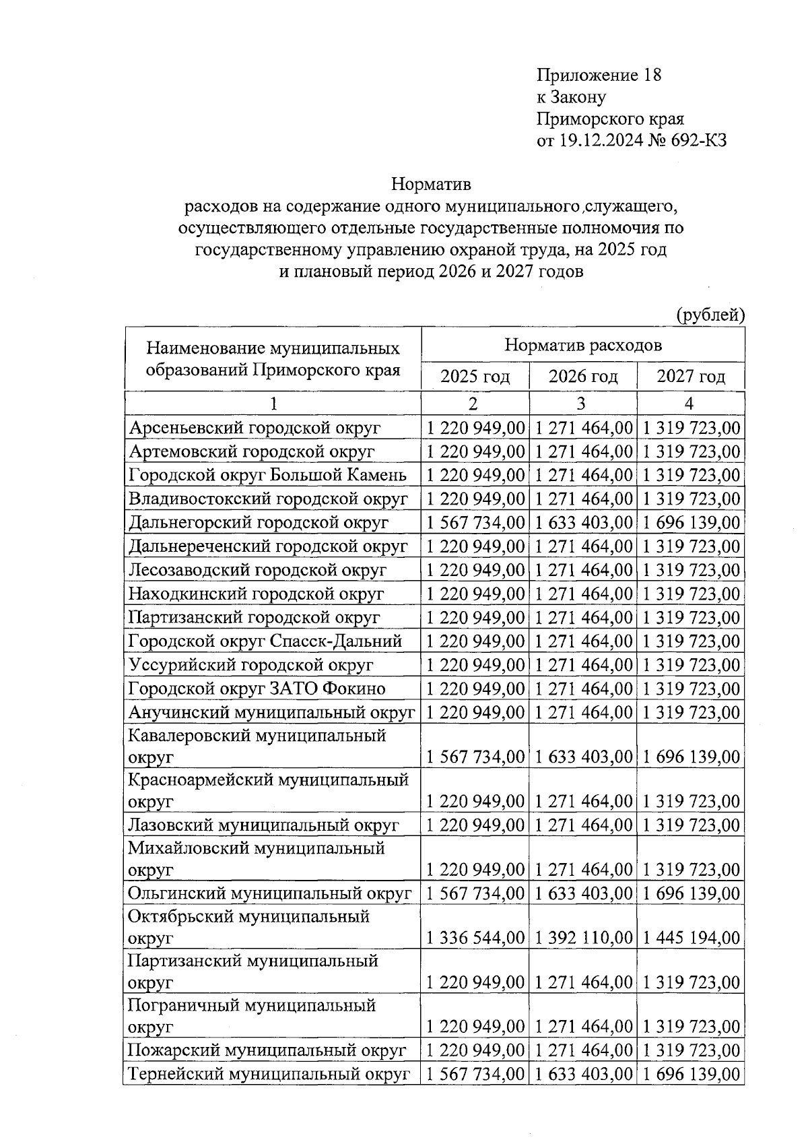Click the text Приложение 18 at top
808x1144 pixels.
[599, 75]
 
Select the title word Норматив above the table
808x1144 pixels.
[431, 184]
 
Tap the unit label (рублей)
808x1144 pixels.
[710, 315]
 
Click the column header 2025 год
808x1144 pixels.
[475, 376]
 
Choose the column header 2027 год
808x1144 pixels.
[691, 376]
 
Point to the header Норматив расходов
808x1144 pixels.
[583, 346]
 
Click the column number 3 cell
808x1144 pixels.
[582, 404]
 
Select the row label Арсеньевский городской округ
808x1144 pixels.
[255, 428]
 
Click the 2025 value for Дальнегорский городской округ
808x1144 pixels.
[475, 523]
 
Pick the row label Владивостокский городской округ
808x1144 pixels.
[268, 499]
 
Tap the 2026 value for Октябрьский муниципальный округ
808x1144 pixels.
[583, 938]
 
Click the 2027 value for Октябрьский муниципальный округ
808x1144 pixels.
[691, 938]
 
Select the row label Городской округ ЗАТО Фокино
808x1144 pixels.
[257, 689]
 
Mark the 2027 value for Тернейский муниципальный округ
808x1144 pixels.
[691, 1075]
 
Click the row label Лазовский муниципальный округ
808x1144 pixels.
[263, 825]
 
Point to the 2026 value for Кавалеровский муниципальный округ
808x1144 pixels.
[583, 757]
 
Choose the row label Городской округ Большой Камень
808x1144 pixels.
[267, 476]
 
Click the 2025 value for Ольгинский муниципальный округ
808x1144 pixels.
[475, 894]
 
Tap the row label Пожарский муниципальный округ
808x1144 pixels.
[267, 1050]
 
